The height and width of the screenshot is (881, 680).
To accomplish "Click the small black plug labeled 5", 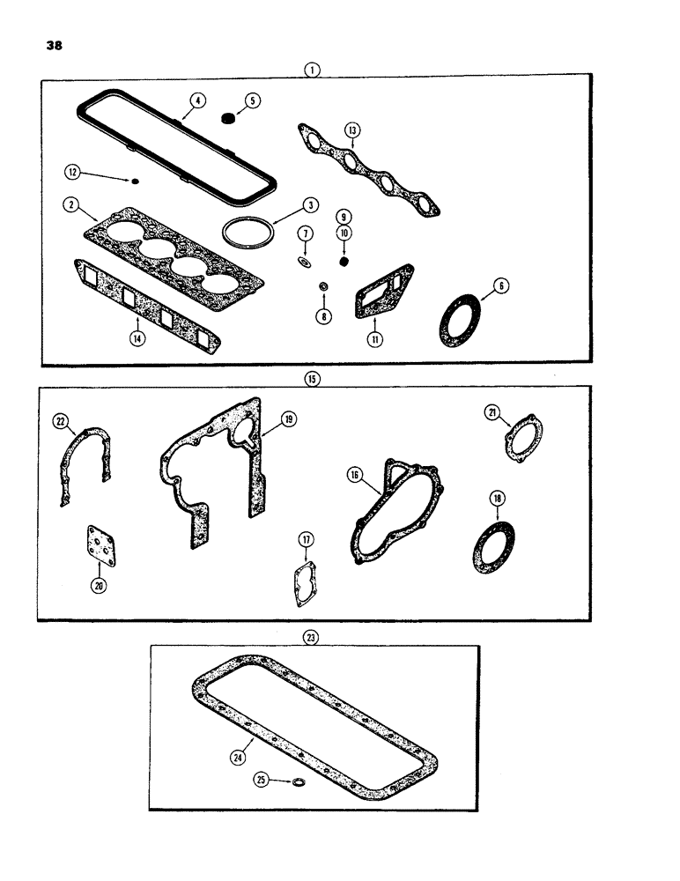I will (x=227, y=117).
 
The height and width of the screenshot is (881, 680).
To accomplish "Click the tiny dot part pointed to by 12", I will (x=135, y=182).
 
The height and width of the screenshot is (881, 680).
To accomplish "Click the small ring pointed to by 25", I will (x=299, y=781).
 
